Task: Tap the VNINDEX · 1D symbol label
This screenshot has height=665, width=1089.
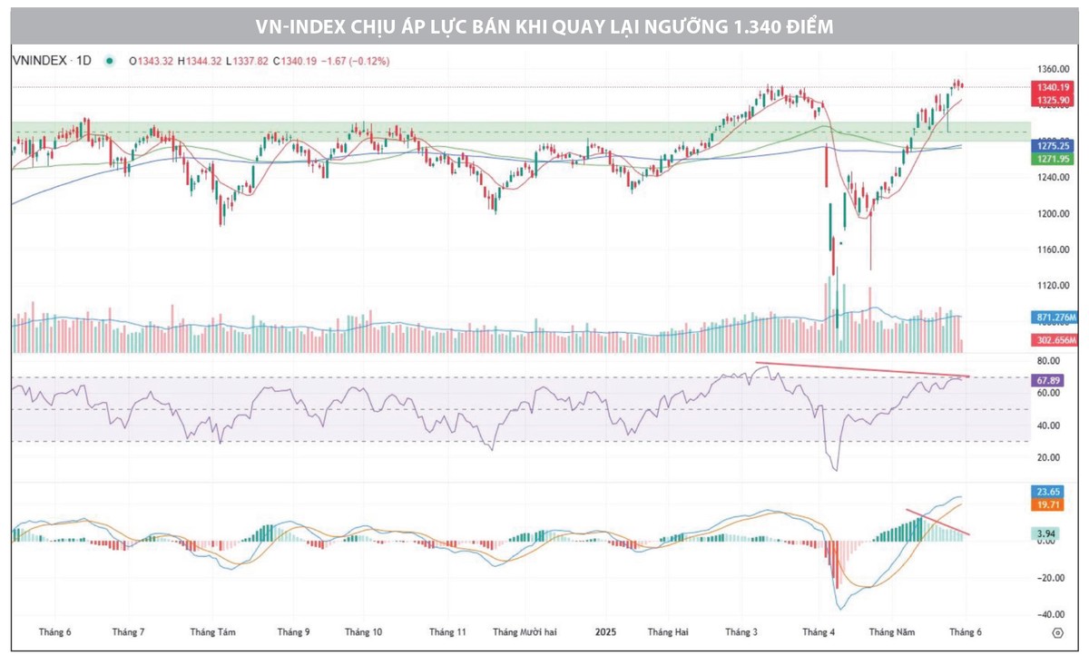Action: pyautogui.click(x=52, y=61)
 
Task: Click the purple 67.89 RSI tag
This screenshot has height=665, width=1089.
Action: pyautogui.click(x=1049, y=380)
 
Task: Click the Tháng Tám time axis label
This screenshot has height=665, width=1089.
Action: pyautogui.click(x=213, y=631)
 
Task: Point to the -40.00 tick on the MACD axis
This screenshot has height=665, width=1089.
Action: pyautogui.click(x=1050, y=615)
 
